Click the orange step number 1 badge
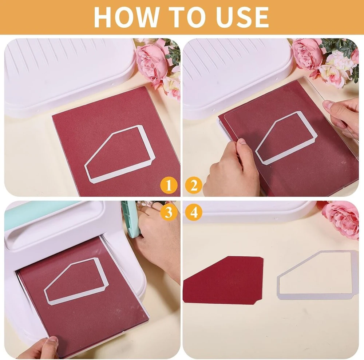169,185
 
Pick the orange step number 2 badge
194,185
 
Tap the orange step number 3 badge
169,212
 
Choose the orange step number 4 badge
194,212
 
